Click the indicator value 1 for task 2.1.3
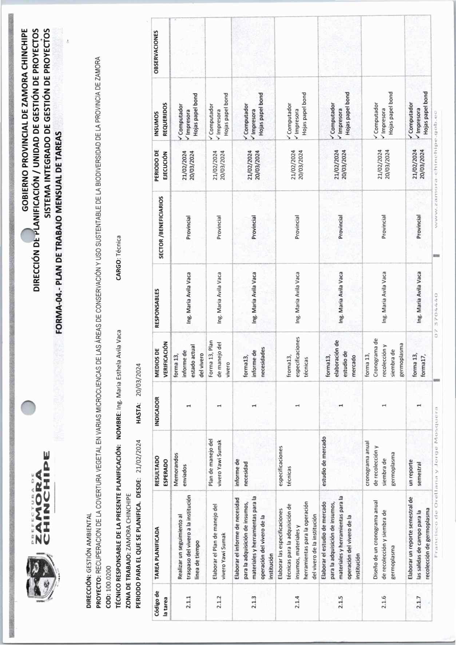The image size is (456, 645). [254, 405]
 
